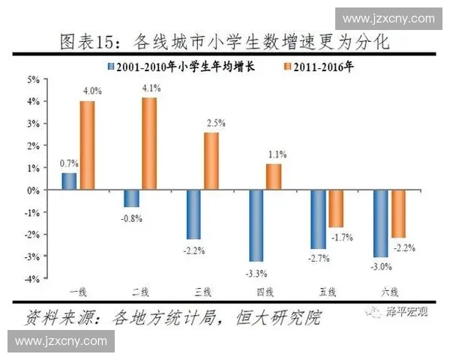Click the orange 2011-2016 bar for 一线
point(87,145)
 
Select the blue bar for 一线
point(69,181)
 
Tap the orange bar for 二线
point(149,144)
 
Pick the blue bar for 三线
point(193,214)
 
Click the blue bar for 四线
point(256,226)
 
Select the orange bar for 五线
point(337,208)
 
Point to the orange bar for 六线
point(399,214)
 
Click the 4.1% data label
point(150,88)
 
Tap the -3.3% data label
point(257,271)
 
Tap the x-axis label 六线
point(391,292)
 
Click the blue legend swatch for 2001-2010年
point(111,66)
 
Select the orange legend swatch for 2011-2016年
point(286,66)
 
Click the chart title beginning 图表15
point(224,40)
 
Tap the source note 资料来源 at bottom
point(172,316)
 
